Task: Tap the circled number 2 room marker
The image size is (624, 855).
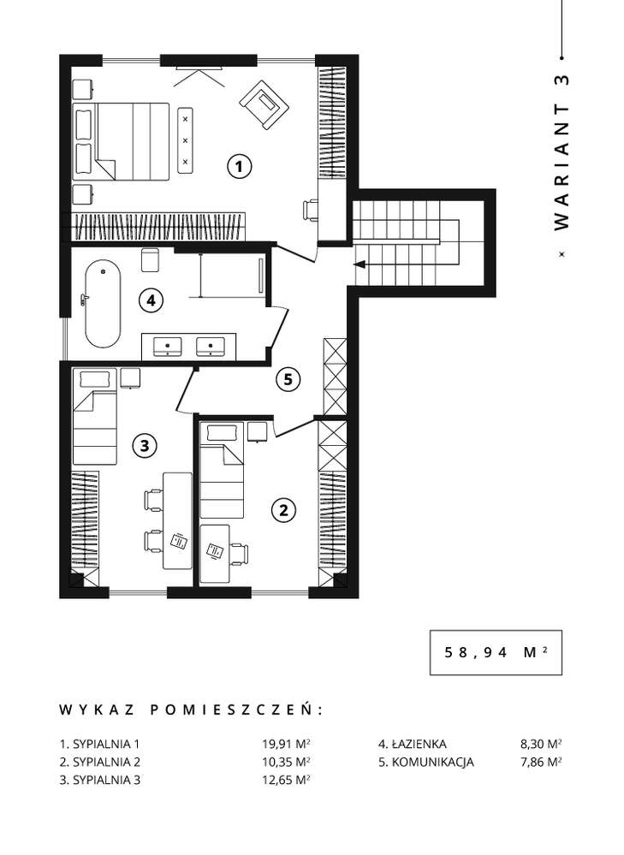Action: [283, 510]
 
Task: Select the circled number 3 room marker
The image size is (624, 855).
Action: [144, 444]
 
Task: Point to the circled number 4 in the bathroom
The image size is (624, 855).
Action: [151, 300]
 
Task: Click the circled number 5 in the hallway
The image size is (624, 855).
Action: [288, 378]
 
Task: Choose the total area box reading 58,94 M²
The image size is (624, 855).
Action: [496, 651]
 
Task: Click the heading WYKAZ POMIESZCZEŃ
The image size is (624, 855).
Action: [191, 710]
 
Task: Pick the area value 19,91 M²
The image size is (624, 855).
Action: [286, 744]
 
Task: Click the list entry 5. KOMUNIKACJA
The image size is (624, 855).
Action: [425, 762]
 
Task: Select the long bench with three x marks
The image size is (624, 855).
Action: [186, 139]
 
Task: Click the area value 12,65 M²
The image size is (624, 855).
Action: [286, 780]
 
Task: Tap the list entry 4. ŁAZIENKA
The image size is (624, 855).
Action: [412, 744]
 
